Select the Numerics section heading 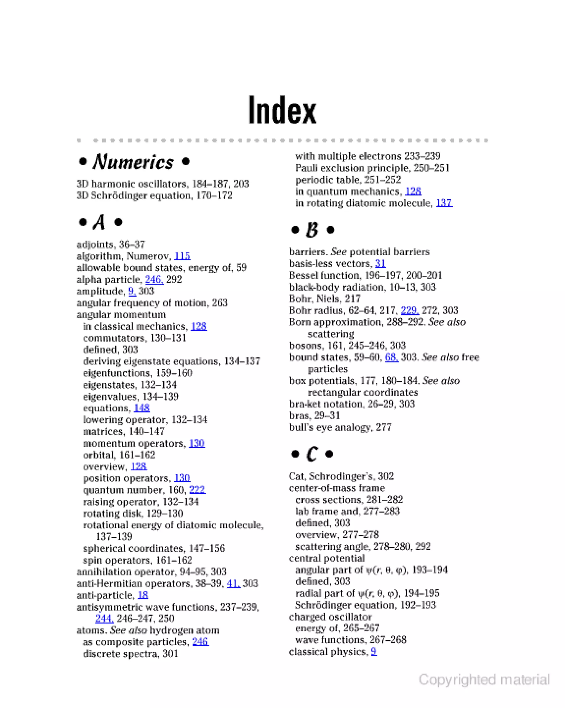tap(134, 162)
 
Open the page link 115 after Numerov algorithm tap(182, 256)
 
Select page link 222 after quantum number tap(197, 490)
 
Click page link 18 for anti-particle tap(143, 595)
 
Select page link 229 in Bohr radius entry tap(409, 310)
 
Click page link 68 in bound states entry tap(391, 357)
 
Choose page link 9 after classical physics tap(374, 651)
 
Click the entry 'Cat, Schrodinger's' tap(341, 476)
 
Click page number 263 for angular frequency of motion tap(220, 303)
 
